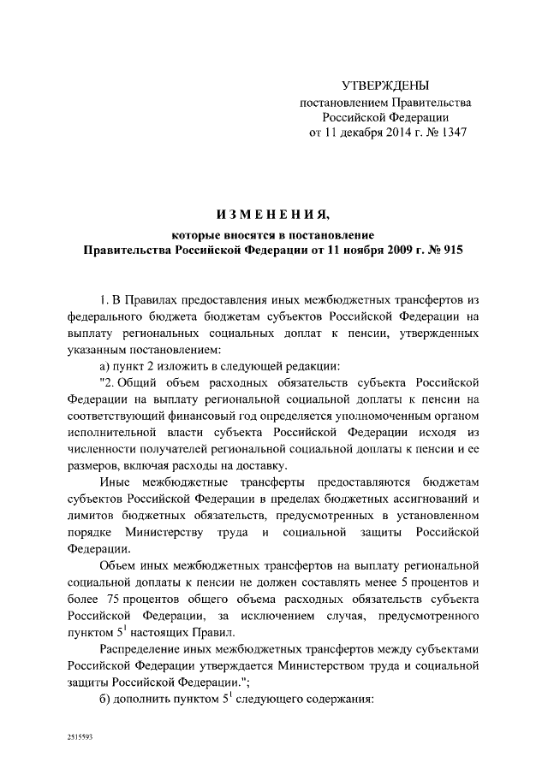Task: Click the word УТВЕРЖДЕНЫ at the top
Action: (384, 86)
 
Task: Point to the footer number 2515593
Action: (83, 735)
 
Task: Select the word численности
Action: (104, 448)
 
